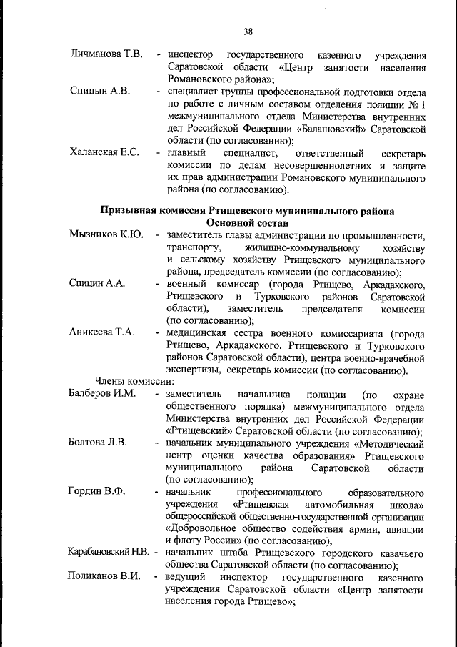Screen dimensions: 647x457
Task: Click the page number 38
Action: click(248, 31)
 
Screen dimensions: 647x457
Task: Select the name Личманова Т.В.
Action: click(107, 54)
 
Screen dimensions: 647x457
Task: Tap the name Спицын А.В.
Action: click(100, 92)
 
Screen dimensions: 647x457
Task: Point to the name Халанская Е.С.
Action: click(104, 153)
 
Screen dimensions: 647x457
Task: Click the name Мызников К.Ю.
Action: click(106, 234)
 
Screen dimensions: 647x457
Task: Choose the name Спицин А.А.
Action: click(98, 283)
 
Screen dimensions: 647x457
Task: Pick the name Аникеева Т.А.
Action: click(102, 332)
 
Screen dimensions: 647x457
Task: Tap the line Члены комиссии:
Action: click(130, 381)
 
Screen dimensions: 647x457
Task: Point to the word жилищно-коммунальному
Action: click(284, 247)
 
